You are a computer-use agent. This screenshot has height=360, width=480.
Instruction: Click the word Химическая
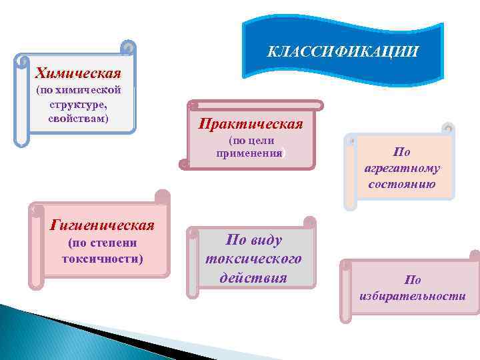coord(78,73)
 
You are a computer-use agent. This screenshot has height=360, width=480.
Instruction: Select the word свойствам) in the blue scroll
coord(79,118)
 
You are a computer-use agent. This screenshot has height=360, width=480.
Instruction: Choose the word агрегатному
coord(402,168)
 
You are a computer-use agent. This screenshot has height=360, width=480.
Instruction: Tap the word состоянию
coord(402,184)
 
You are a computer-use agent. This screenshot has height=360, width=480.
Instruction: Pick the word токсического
coord(253,259)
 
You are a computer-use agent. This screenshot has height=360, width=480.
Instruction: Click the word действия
coord(253,277)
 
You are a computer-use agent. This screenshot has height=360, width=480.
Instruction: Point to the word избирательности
coord(412,296)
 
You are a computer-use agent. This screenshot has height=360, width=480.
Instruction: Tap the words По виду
coord(254,240)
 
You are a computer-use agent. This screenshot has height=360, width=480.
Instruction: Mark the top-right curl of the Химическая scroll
coord(129,48)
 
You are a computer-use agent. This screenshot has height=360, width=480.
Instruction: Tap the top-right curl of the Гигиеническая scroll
coord(161,196)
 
